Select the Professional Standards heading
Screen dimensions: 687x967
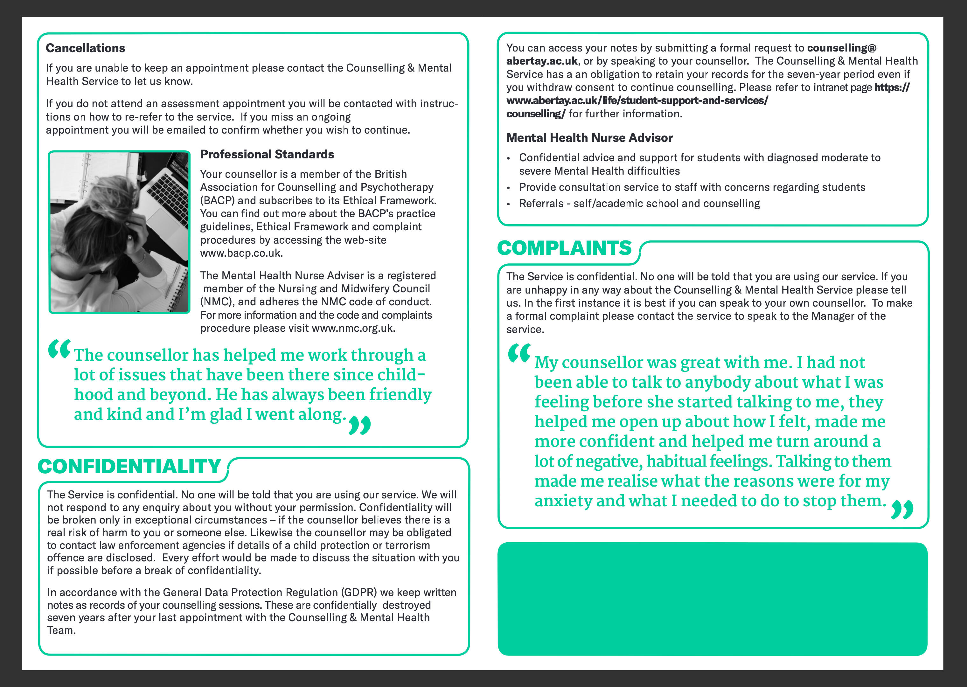click(267, 154)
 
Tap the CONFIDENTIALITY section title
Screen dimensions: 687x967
click(129, 467)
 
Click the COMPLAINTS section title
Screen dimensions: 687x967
click(564, 248)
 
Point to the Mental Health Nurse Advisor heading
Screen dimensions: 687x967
click(589, 138)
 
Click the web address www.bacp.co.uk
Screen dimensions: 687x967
click(241, 253)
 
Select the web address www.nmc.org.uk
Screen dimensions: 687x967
click(353, 328)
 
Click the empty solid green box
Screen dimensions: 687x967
click(712, 599)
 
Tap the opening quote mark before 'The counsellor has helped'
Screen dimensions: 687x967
click(59, 350)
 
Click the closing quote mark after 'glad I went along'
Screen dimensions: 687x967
click(359, 425)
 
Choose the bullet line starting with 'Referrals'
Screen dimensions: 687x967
click(639, 204)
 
